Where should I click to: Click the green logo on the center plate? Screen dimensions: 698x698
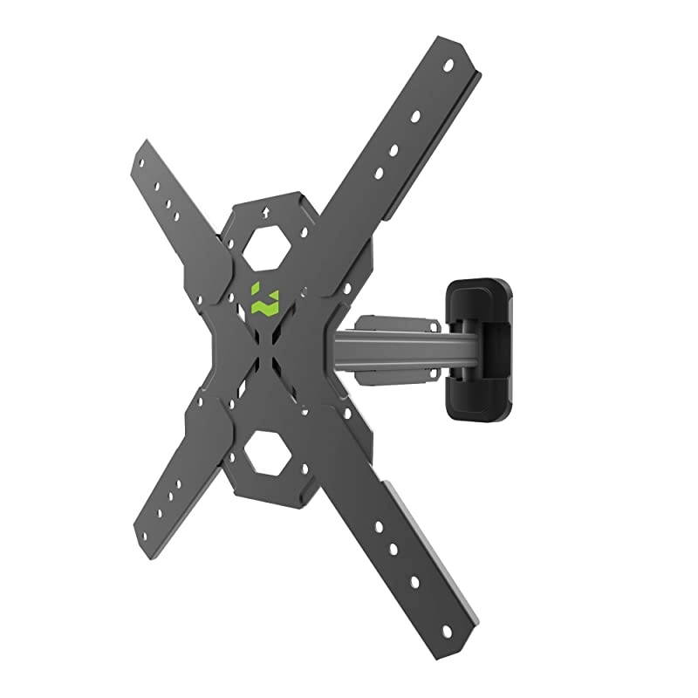261,299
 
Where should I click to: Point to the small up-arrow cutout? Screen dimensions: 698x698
264,211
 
